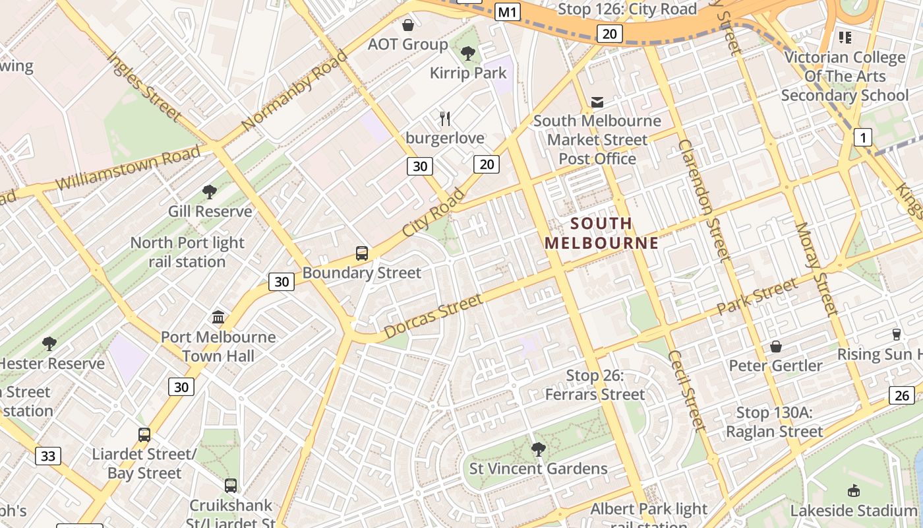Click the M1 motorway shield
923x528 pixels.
(508, 11)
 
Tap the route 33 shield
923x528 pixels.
(48, 455)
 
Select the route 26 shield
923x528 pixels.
(901, 395)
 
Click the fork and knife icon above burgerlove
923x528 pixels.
(445, 119)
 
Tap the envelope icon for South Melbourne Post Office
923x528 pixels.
(597, 102)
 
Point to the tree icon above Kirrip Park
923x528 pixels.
(468, 53)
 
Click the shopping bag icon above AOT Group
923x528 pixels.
(408, 25)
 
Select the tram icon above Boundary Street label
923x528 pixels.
(361, 253)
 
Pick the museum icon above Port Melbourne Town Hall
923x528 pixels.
(218, 317)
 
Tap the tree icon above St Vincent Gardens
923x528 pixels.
(538, 449)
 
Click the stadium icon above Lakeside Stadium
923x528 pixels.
(854, 491)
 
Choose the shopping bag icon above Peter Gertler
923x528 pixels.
(776, 346)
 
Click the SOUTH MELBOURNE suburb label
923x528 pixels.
(601, 233)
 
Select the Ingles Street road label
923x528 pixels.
(143, 86)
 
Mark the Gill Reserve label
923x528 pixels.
(210, 211)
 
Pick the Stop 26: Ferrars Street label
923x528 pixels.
(595, 385)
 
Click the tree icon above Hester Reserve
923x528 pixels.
(49, 344)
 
